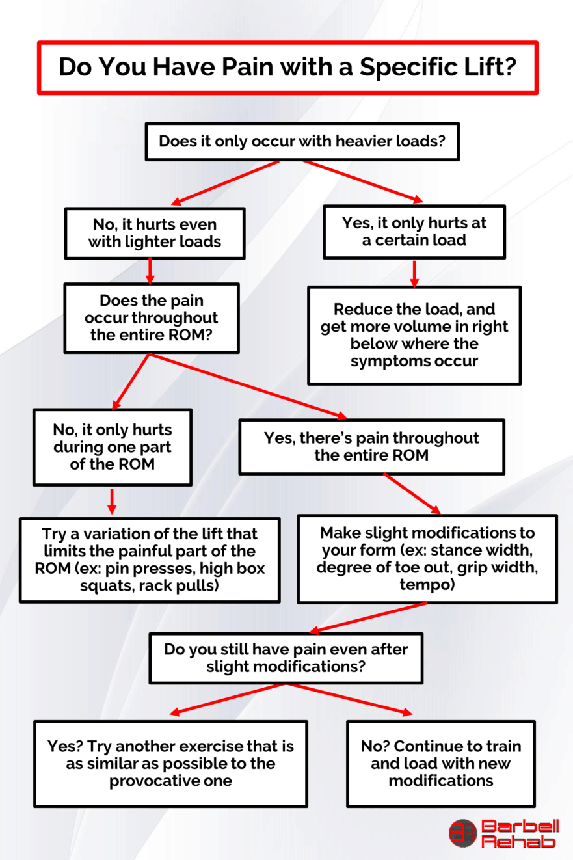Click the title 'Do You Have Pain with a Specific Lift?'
(287, 68)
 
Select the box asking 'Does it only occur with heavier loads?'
(302, 141)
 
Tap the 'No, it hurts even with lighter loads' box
(155, 232)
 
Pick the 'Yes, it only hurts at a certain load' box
(414, 232)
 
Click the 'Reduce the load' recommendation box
(414, 335)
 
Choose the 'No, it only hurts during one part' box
(112, 447)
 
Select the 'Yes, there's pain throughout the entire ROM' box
(371, 446)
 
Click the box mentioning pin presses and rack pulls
(150, 560)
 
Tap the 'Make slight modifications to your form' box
(427, 559)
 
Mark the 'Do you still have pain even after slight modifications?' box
(286, 658)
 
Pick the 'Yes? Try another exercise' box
(170, 763)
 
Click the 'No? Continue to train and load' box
(440, 763)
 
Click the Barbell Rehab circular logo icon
(463, 833)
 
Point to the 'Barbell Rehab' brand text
(519, 833)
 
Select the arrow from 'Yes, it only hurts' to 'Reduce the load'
(414, 273)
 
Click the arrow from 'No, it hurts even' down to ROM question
(150, 271)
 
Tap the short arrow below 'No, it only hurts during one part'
(112, 500)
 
